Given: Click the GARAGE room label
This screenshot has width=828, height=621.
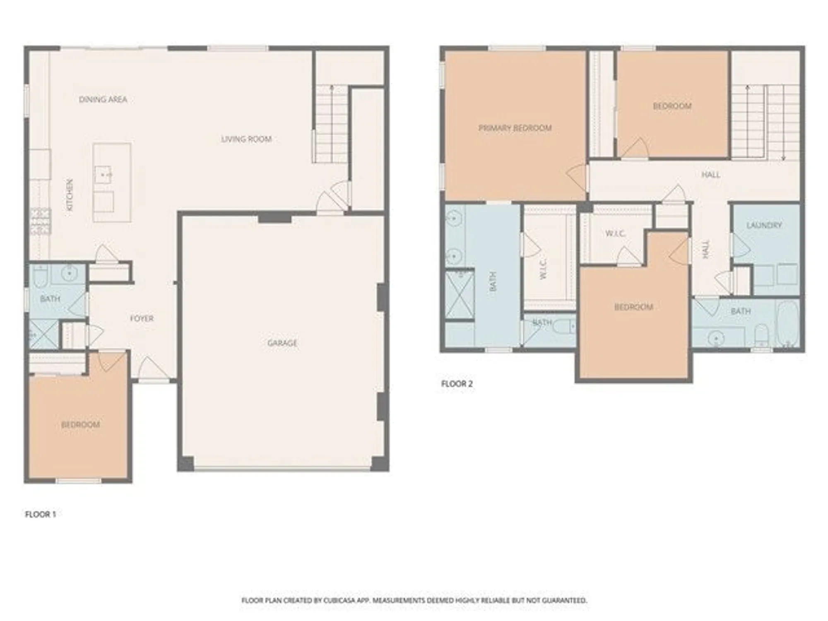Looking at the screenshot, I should point(282,343).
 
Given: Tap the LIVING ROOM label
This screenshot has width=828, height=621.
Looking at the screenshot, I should point(246,139).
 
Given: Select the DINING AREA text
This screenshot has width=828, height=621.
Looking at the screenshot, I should point(103,99).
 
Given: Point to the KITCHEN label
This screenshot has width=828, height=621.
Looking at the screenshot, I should point(70,195).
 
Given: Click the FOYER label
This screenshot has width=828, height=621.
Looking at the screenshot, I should point(142,318).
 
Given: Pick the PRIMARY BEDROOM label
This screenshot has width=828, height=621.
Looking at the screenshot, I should point(515,128).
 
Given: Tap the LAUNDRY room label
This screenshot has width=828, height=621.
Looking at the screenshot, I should point(764,225).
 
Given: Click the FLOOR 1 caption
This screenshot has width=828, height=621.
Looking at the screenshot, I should point(40,514).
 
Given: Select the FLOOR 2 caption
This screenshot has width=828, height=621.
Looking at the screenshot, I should point(457,384).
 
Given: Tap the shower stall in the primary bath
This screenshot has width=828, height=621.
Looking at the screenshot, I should point(459,294).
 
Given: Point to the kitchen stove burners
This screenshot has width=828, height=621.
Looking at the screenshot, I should point(41,221).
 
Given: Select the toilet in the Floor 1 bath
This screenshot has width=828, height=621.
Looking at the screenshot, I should point(40,276).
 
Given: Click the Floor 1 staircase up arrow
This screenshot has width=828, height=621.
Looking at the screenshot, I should point(331,88).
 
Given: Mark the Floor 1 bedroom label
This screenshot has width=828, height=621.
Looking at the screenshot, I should point(80,425).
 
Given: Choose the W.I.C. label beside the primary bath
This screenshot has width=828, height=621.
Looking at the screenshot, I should point(544,269).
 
